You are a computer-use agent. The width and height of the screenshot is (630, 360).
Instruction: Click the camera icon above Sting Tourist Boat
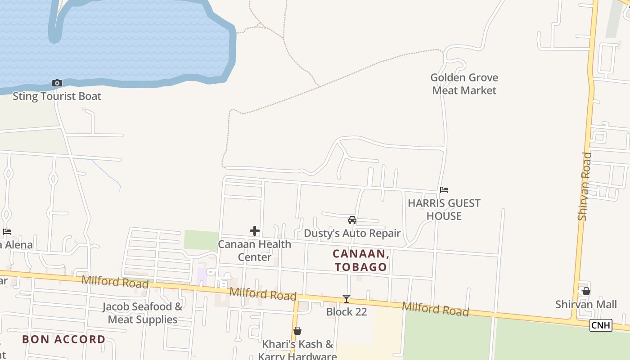point(57,83)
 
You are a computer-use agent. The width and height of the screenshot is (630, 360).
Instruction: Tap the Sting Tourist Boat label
point(57,96)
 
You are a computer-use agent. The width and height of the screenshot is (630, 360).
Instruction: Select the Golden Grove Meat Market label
point(464,84)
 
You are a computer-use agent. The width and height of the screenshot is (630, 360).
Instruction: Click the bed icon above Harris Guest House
point(444,190)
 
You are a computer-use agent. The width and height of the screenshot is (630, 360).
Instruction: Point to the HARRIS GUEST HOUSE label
point(444,210)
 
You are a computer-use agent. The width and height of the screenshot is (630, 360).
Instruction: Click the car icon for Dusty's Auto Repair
point(352,220)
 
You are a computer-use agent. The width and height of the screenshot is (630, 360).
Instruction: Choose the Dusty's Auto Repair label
point(352,233)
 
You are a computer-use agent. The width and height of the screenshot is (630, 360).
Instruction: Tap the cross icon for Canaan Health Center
point(255,231)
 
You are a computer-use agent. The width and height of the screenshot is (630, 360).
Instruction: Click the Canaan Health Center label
point(255,251)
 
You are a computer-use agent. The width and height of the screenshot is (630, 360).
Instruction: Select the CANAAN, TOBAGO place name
point(361,261)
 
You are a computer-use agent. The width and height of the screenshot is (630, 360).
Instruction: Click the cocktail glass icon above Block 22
point(346,298)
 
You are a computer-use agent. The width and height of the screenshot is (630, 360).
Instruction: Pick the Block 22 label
point(346,312)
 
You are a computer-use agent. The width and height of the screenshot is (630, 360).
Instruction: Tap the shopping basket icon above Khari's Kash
point(297,331)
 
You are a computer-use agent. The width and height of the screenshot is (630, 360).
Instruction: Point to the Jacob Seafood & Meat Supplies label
point(143,313)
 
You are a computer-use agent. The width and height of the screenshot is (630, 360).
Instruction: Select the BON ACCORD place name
point(64,339)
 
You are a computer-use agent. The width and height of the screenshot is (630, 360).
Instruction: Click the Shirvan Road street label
point(584,186)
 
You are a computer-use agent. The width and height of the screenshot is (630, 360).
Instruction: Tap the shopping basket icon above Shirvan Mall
point(586,291)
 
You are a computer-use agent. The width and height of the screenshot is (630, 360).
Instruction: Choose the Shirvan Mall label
point(586,305)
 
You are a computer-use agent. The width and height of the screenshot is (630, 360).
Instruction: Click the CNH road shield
point(601,325)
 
